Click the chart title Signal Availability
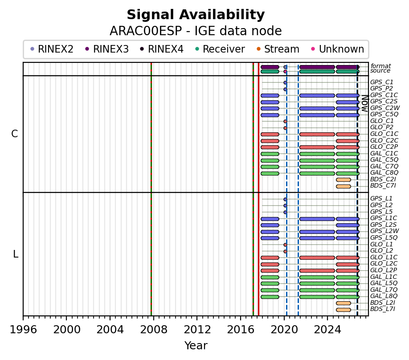click(196, 15)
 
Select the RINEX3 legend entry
click(107, 49)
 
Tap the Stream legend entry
click(278, 49)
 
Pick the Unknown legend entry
click(338, 49)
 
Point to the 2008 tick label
click(154, 330)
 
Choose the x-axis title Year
click(196, 346)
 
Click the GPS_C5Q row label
click(384, 114)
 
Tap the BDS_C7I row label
click(383, 185)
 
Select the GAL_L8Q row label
click(384, 296)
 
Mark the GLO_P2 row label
click(381, 127)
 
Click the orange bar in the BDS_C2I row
click(343, 180)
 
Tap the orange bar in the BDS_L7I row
click(343, 310)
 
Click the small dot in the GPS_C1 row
click(285, 83)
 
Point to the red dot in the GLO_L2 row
click(285, 251)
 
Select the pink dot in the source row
click(285, 71)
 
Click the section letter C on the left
click(15, 134)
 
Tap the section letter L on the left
click(16, 254)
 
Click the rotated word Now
click(365, 103)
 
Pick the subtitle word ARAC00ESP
click(146, 31)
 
